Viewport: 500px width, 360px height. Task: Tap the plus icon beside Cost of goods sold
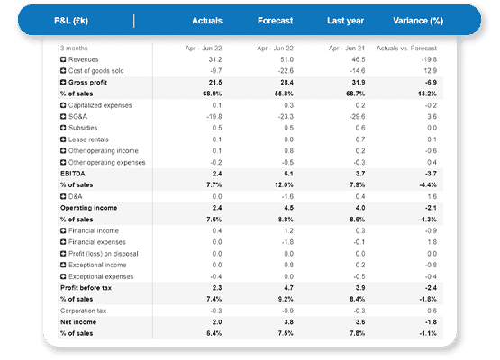tap(63, 70)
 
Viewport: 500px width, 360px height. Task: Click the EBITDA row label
tap(74, 174)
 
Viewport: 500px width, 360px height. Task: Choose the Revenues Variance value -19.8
tap(431, 58)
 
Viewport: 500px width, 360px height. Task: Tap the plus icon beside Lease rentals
tap(63, 139)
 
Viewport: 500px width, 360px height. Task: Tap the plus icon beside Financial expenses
tap(63, 242)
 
